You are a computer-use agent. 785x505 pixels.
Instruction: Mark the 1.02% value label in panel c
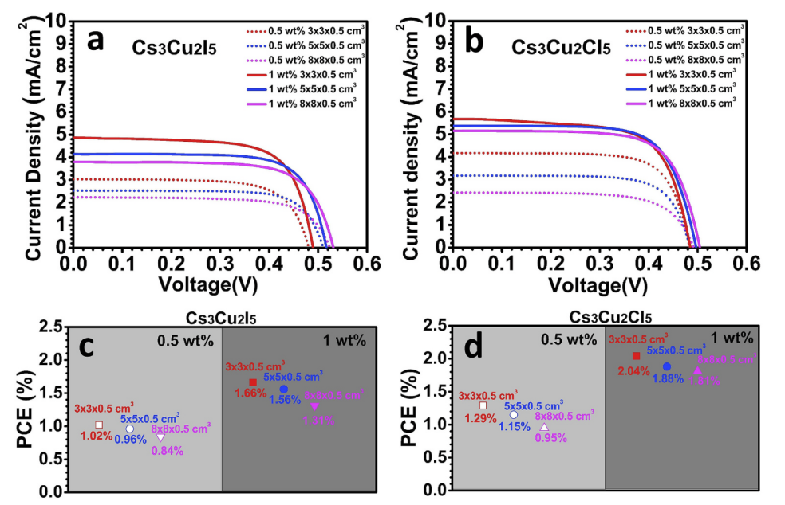coord(97,436)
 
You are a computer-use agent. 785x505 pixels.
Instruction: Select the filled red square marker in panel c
coord(253,383)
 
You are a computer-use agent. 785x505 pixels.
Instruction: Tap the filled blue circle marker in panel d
coord(667,366)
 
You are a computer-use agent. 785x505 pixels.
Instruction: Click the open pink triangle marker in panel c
coord(160,438)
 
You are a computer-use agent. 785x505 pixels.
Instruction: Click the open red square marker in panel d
coord(483,405)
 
